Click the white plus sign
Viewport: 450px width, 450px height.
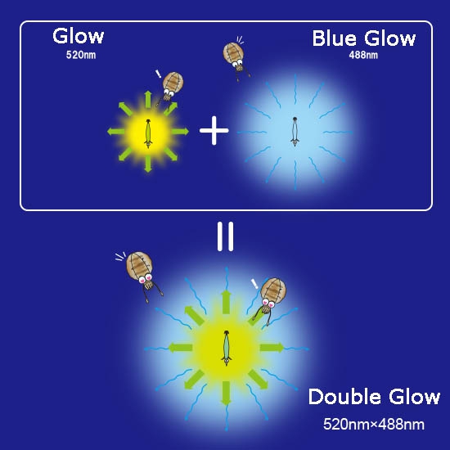[214, 131]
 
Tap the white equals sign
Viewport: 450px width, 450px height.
[225, 236]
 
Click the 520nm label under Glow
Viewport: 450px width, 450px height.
[81, 55]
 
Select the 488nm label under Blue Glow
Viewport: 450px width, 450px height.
[363, 55]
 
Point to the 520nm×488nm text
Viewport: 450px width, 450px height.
[374, 424]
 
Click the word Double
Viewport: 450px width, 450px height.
[345, 397]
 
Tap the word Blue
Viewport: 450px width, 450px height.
[335, 38]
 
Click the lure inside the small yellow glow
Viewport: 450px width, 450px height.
[148, 133]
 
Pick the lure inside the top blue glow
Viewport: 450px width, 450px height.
[295, 132]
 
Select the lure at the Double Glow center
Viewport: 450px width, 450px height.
[227, 348]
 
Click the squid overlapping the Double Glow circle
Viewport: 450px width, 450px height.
[270, 300]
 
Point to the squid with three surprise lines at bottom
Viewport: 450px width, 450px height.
[143, 276]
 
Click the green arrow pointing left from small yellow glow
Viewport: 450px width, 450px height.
[116, 132]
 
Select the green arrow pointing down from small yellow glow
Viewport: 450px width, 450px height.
[148, 164]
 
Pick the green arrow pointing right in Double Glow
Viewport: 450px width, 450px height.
[272, 348]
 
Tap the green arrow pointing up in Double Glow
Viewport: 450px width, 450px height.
[226, 302]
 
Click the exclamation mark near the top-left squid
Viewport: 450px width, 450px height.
[159, 74]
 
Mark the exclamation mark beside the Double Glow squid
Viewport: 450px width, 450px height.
[254, 284]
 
